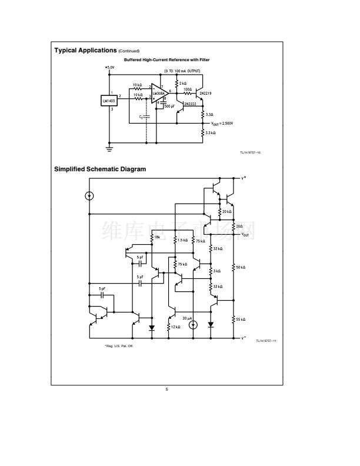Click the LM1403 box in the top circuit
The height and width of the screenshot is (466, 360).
click(x=109, y=101)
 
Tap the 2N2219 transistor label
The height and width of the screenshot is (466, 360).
click(x=206, y=93)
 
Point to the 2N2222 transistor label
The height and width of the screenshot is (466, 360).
click(x=190, y=104)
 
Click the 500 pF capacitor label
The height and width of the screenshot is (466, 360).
click(x=169, y=106)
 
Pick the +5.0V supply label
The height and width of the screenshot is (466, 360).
click(x=111, y=67)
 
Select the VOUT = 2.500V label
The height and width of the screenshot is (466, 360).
click(x=222, y=124)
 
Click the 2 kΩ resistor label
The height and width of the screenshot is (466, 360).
click(x=183, y=84)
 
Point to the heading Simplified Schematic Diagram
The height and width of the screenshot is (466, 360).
click(x=100, y=169)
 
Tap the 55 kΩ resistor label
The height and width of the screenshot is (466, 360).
click(x=240, y=319)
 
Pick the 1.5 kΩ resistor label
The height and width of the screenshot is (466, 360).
click(x=182, y=240)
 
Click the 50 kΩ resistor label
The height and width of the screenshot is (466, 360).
click(x=240, y=268)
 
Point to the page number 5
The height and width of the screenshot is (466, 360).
click(x=167, y=390)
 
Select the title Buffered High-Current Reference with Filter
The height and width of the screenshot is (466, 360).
click(x=166, y=60)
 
